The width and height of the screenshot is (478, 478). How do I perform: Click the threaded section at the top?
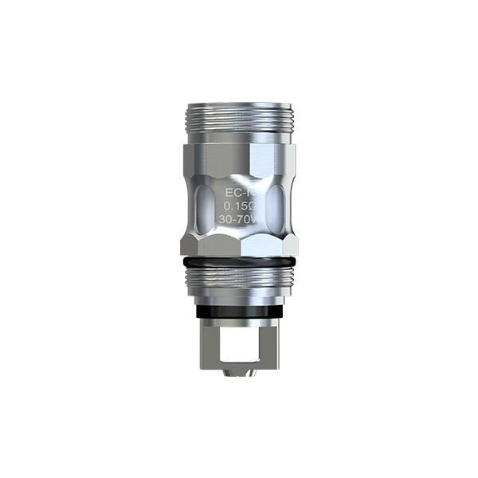(238, 119)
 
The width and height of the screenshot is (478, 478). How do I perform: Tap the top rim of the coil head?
(238, 104)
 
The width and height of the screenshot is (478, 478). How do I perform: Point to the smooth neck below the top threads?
(238, 137)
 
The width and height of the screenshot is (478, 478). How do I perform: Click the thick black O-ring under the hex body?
(238, 261)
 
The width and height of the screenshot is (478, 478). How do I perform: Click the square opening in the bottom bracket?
(239, 334)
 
